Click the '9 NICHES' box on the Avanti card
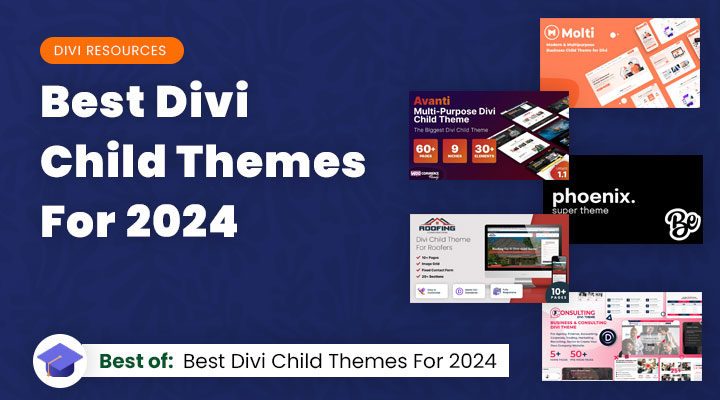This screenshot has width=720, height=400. tap(466, 149)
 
